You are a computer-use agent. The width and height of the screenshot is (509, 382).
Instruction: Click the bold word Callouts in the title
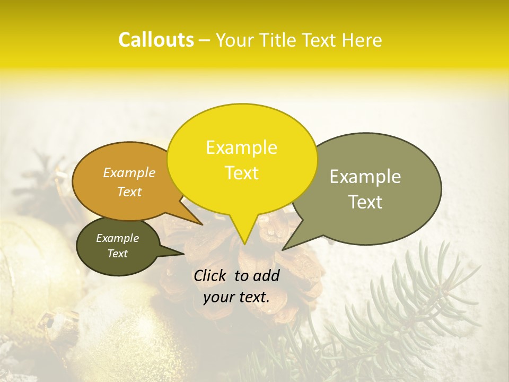[156, 40]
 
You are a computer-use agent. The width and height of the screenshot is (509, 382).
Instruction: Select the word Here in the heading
[363, 40]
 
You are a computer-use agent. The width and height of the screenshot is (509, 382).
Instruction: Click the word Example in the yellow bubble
[241, 147]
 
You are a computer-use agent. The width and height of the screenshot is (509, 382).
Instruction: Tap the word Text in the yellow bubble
[241, 173]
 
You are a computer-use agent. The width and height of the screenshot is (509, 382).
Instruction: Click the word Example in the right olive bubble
[365, 177]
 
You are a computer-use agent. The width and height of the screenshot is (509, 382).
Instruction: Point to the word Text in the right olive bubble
[365, 202]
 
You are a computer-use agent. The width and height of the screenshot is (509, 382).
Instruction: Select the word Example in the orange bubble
[129, 172]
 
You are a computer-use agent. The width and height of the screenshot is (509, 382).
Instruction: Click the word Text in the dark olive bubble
[117, 254]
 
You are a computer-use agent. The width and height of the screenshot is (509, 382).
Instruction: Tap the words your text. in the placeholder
[236, 297]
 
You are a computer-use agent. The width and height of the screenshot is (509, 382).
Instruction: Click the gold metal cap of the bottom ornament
[53, 324]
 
